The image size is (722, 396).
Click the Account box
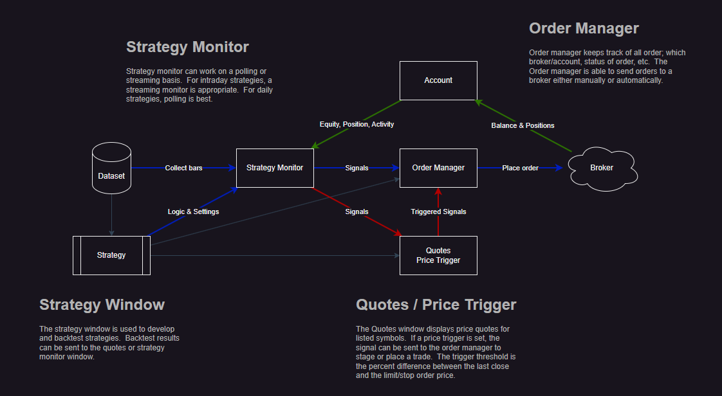tap(438, 80)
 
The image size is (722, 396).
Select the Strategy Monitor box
tap(275, 168)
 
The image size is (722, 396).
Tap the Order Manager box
tap(438, 168)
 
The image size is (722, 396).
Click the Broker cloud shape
tap(602, 168)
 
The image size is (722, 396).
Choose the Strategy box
tap(111, 255)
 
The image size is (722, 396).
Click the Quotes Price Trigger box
tap(438, 255)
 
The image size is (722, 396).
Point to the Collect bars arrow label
tap(183, 168)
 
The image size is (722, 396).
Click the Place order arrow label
tap(521, 168)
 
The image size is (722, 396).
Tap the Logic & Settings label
tap(193, 212)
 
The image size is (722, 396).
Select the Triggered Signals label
tap(438, 212)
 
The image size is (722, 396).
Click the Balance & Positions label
tap(523, 125)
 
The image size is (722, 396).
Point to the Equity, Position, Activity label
tap(356, 124)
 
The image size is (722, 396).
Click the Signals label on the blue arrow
tap(356, 168)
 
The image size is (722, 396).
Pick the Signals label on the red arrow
tap(356, 212)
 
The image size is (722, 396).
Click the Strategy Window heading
tap(102, 304)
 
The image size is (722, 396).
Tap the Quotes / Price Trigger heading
tap(436, 304)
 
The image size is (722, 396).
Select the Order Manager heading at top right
tap(584, 28)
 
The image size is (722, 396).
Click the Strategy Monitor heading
tap(187, 47)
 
